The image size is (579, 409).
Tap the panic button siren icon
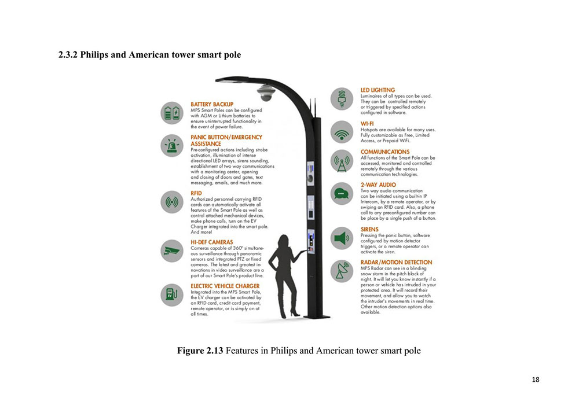pyautogui.click(x=172, y=146)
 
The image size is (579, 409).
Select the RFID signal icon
pyautogui.click(x=172, y=202)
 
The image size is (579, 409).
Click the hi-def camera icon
pyautogui.click(x=172, y=250)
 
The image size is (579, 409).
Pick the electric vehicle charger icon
pyautogui.click(x=172, y=294)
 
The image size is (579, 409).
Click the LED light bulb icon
pyautogui.click(x=342, y=98)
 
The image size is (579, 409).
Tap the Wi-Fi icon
pyautogui.click(x=342, y=132)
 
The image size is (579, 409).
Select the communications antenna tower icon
pyautogui.click(x=342, y=163)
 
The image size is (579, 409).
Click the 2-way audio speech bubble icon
pyautogui.click(x=342, y=194)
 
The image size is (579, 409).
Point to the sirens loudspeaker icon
pyautogui.click(x=342, y=238)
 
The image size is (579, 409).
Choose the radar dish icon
pyautogui.click(x=342, y=271)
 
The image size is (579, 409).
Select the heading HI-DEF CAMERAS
pyautogui.click(x=212, y=242)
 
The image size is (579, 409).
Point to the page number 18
pyautogui.click(x=535, y=379)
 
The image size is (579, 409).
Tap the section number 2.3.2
pyautogui.click(x=68, y=55)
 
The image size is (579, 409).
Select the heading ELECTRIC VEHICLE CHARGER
pyautogui.click(x=225, y=286)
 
